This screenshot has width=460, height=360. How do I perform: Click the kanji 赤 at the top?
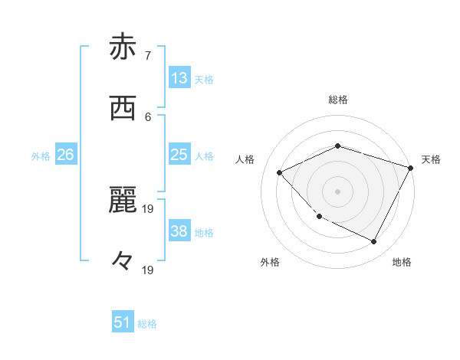click(x=123, y=47)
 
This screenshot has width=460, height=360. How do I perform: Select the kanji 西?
click(x=123, y=110)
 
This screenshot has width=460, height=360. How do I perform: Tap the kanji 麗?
click(x=123, y=201)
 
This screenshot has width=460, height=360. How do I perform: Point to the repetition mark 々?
click(x=123, y=261)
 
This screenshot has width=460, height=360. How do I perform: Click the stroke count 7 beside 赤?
click(x=147, y=55)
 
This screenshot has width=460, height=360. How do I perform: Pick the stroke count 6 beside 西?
click(x=147, y=116)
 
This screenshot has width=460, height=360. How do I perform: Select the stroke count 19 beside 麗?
click(x=149, y=208)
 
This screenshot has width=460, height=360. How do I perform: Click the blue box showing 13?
click(x=179, y=78)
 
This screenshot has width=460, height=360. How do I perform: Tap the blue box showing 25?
click(x=179, y=155)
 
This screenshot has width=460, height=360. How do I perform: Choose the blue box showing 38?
click(x=179, y=231)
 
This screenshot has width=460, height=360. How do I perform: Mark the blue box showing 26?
click(x=65, y=155)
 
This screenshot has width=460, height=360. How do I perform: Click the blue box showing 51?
click(x=123, y=322)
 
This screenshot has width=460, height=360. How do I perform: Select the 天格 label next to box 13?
click(x=204, y=80)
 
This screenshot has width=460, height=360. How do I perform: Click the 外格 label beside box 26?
click(x=41, y=156)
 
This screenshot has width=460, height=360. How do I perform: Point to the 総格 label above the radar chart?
click(x=338, y=100)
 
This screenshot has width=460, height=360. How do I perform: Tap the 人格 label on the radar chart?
click(x=245, y=159)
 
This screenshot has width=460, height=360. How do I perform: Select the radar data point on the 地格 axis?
click(x=374, y=242)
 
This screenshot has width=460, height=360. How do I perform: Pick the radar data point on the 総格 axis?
click(x=337, y=146)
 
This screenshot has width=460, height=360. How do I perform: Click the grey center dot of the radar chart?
click(x=337, y=191)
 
